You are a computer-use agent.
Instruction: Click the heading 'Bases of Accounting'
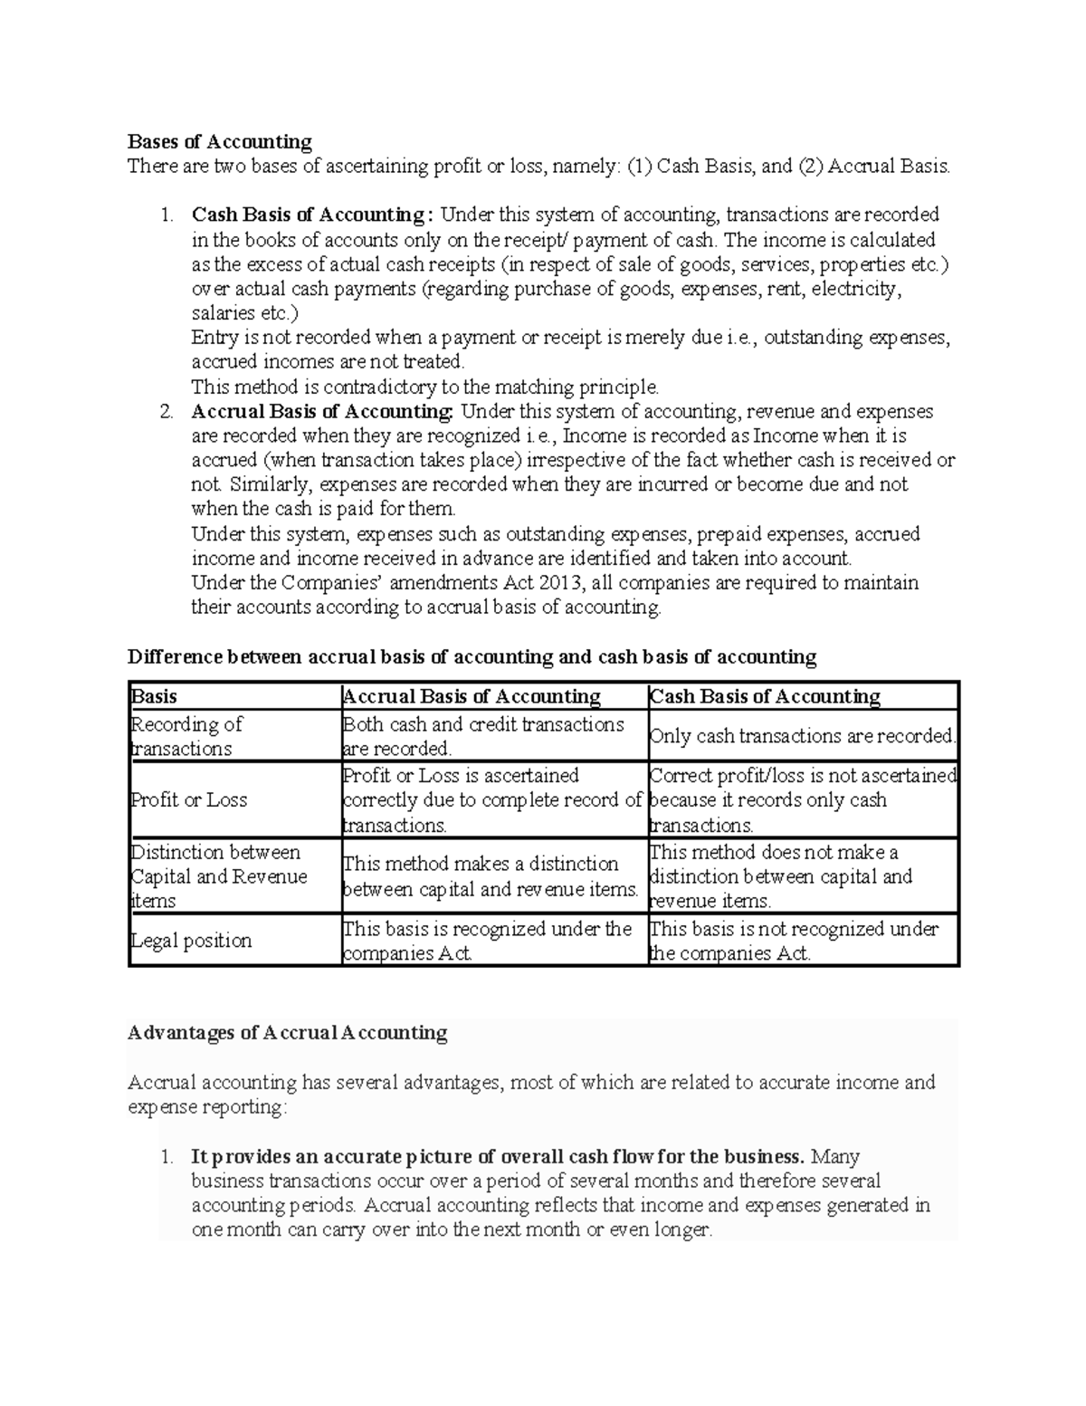(220, 141)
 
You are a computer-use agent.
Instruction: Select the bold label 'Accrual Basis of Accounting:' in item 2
(322, 411)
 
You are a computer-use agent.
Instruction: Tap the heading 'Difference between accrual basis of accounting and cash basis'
(472, 656)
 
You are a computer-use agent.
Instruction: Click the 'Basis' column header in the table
(155, 696)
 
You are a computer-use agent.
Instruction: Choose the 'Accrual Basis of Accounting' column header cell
(472, 696)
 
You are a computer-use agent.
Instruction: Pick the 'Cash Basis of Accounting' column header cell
(765, 696)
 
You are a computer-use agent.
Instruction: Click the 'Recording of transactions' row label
(186, 736)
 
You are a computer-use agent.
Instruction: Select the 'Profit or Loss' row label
(189, 800)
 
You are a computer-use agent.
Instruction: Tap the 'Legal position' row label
(192, 941)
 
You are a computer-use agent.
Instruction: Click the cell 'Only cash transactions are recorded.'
(802, 736)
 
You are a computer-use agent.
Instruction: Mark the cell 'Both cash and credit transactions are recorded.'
(483, 736)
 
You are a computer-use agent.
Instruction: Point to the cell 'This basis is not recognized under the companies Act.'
(794, 941)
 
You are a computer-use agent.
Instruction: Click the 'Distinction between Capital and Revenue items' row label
(219, 876)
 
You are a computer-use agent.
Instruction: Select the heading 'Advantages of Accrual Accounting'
(288, 1033)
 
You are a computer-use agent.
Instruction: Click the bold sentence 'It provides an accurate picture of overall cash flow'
(497, 1156)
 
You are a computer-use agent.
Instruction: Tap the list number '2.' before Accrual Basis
(167, 412)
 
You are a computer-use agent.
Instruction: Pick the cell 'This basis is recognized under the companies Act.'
(487, 941)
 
